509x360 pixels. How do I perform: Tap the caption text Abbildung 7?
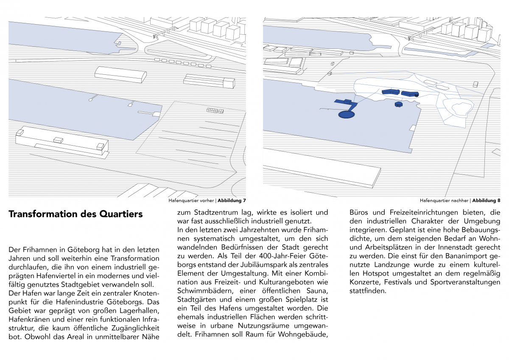click(232, 200)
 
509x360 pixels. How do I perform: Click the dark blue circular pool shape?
click(347, 115)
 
